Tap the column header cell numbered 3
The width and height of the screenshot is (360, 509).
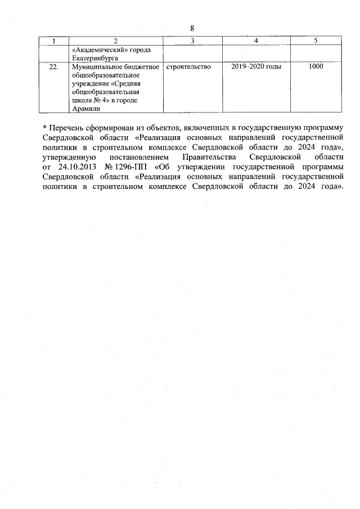192,40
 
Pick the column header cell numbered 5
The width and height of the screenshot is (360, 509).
316,40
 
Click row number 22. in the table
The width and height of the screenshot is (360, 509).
53,67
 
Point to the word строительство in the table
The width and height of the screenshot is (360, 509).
189,67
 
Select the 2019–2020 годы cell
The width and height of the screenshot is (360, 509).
256,67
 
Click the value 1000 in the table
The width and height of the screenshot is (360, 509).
316,67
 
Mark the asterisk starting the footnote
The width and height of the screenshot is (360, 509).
44,127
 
